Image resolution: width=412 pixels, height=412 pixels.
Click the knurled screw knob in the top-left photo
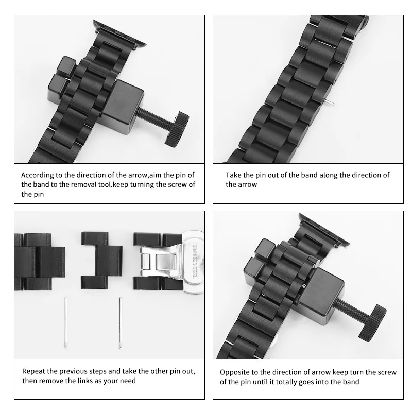[x=177, y=128]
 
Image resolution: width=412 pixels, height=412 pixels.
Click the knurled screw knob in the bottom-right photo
[x=372, y=323]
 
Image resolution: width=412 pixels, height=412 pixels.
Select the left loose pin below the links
[x=66, y=322]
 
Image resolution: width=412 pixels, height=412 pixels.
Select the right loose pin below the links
[x=120, y=323]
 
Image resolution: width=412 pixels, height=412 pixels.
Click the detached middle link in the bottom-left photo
[x=101, y=260]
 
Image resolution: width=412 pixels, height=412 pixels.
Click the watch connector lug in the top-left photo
[x=119, y=34]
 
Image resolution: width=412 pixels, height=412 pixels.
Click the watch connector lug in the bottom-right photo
[x=324, y=229]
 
